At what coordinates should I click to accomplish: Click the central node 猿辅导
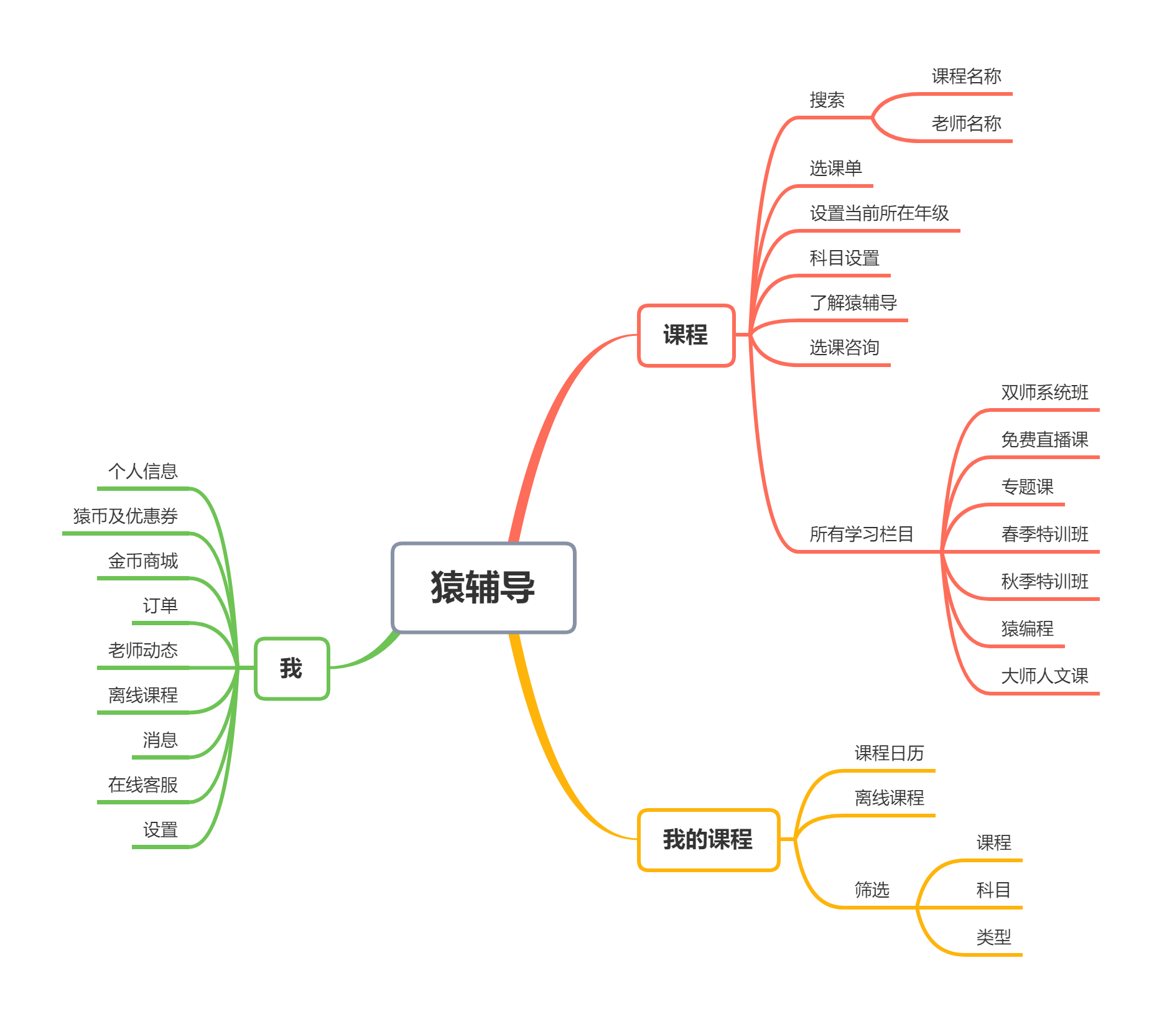click(x=483, y=587)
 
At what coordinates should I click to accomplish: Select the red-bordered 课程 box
click(x=686, y=335)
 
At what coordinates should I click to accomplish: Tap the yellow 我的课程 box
click(x=708, y=840)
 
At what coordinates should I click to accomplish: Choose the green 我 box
click(x=291, y=668)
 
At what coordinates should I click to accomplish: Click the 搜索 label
click(x=827, y=100)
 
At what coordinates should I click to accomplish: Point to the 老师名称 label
click(x=966, y=124)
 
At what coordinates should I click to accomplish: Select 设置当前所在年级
click(x=879, y=213)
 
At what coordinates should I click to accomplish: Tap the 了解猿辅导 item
click(x=853, y=303)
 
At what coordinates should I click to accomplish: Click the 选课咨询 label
click(x=844, y=348)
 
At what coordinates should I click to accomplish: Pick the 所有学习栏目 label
click(x=862, y=534)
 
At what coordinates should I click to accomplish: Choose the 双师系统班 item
click(x=1044, y=393)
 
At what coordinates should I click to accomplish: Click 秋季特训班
click(x=1044, y=582)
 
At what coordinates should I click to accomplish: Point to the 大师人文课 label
click(x=1044, y=676)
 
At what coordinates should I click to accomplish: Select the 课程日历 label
click(x=889, y=753)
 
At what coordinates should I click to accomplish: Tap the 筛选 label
click(x=871, y=890)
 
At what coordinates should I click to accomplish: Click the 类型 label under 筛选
click(x=993, y=938)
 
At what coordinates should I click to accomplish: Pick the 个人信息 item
click(x=143, y=472)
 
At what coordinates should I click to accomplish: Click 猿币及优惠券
click(x=126, y=516)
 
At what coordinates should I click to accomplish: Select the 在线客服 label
click(x=143, y=785)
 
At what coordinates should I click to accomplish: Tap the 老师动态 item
click(x=143, y=651)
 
